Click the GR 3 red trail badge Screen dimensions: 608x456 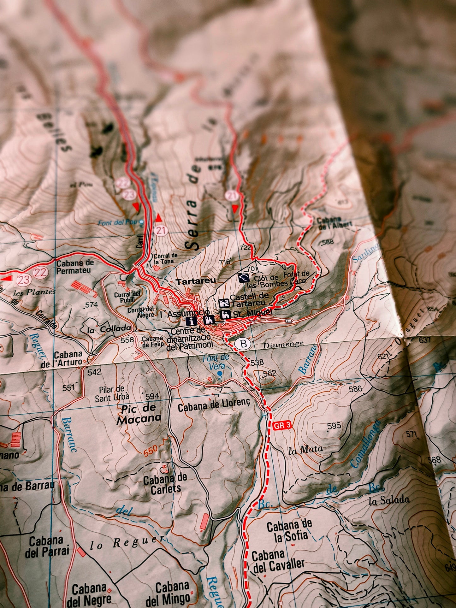(x=282, y=426)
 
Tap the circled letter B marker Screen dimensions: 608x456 (x=243, y=344)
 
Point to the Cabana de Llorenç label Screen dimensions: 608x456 (x=214, y=407)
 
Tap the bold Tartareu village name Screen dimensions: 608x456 (x=196, y=281)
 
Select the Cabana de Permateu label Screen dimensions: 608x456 (x=75, y=266)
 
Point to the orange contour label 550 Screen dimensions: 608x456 (x=151, y=452)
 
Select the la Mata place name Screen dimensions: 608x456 (x=306, y=450)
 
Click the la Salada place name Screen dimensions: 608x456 (x=389, y=500)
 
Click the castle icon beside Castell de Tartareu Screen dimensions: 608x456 (x=224, y=303)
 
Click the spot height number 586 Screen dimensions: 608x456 (x=355, y=388)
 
